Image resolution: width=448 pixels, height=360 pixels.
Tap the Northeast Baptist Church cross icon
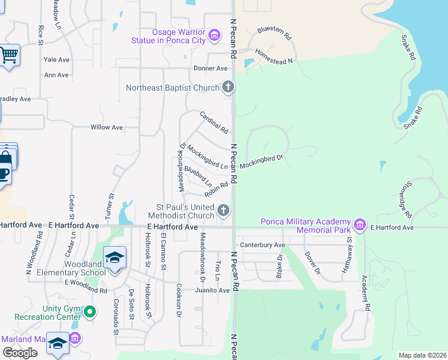[x=228, y=88]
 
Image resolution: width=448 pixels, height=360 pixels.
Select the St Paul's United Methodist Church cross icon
[x=223, y=210]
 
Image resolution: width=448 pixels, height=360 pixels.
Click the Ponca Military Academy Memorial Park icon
[x=359, y=225]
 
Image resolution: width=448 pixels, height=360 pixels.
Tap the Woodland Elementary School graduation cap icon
[x=114, y=258]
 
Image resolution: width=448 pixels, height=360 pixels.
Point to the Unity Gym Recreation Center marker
[x=90, y=311]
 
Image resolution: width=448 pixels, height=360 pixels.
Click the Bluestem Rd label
[x=274, y=29]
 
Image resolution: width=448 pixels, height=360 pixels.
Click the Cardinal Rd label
[x=214, y=122]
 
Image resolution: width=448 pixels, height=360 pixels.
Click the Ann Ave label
[x=56, y=75]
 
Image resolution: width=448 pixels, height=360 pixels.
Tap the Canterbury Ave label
[x=262, y=245]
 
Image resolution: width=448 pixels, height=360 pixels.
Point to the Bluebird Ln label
[x=198, y=176]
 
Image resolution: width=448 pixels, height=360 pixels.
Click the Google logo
[x=20, y=353]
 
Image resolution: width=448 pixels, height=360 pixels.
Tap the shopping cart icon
[x=8, y=56]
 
